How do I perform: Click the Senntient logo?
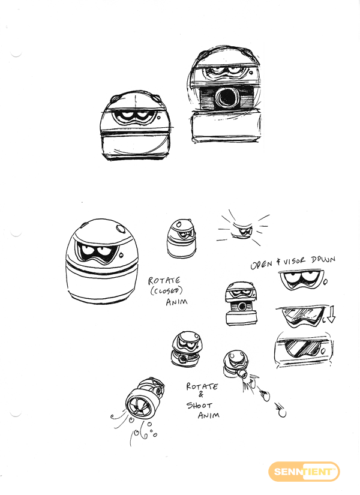tap(304, 472)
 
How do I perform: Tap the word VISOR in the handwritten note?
tap(294, 262)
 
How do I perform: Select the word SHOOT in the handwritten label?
tap(199, 405)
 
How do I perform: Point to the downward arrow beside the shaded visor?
tap(331, 314)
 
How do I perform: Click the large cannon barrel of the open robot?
tap(226, 98)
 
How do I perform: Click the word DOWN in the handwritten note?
tap(323, 260)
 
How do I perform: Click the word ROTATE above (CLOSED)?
tap(164, 281)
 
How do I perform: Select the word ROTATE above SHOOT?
tap(202, 386)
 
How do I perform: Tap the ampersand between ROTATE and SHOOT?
tap(201, 395)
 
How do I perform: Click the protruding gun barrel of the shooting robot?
tap(242, 374)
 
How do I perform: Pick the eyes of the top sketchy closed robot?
tap(133, 116)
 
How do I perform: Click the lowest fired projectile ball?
tap(283, 413)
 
